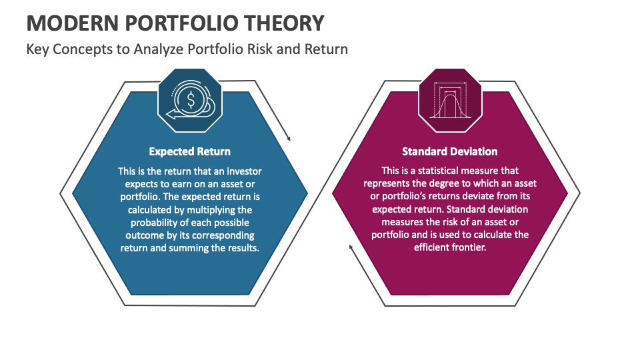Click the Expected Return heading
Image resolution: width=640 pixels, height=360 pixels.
pos(190,151)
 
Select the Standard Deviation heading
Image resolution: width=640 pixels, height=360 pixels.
pos(450,151)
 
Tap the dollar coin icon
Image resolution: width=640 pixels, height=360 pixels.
pos(190,101)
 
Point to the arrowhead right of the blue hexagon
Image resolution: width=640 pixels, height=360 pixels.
pos(289,139)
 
